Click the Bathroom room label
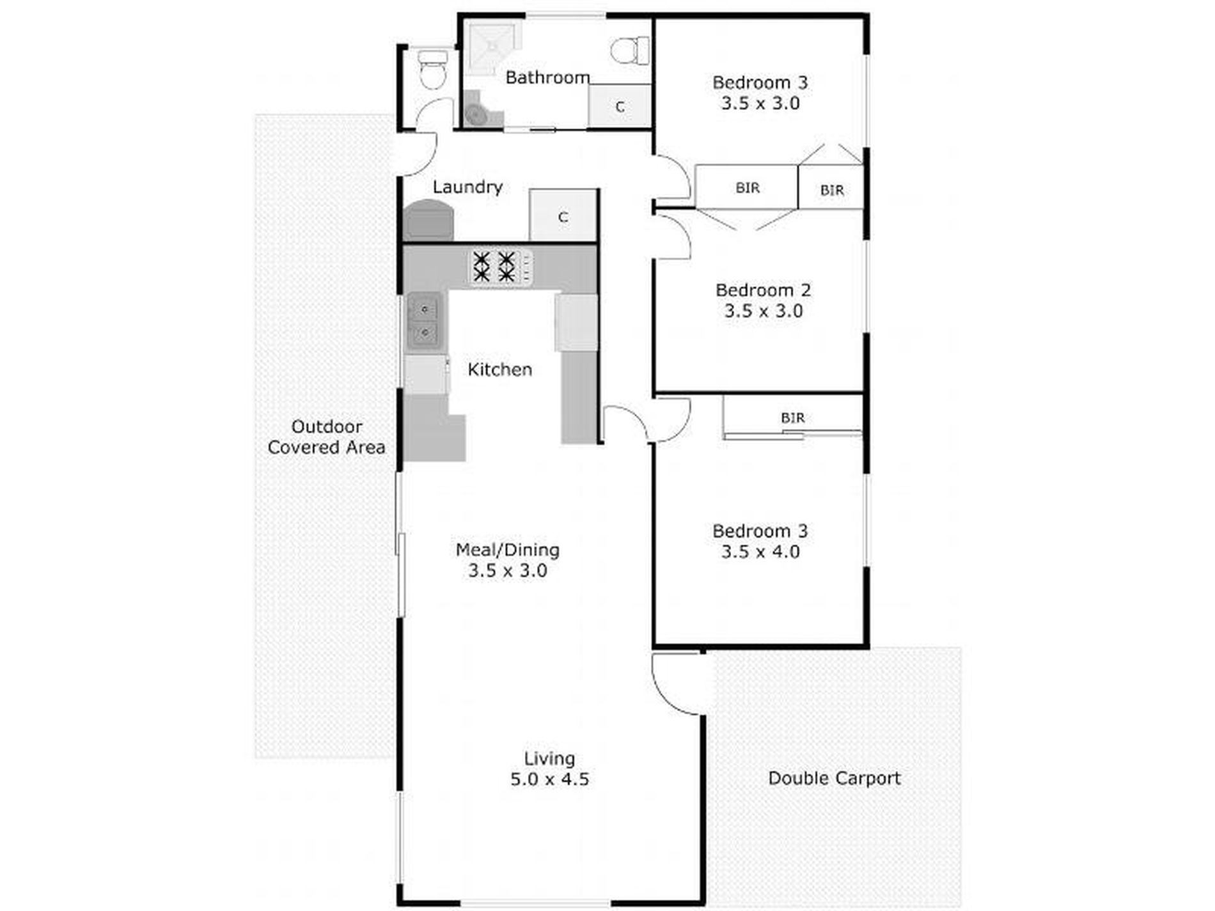click(x=547, y=77)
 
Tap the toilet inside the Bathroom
click(x=629, y=50)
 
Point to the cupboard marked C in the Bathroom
click(x=619, y=105)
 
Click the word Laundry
click(x=467, y=187)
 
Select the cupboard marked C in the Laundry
click(x=563, y=215)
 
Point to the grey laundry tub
click(x=428, y=221)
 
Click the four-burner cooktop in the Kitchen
click(x=501, y=267)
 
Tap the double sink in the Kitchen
click(x=423, y=321)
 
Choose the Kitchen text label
click(x=499, y=370)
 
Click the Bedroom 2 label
click(x=763, y=290)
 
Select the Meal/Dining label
click(x=507, y=550)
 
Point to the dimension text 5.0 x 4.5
click(x=549, y=779)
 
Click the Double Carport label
click(x=834, y=778)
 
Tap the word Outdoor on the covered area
click(x=327, y=426)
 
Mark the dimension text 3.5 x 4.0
click(x=760, y=552)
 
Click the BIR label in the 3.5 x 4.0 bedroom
click(x=792, y=418)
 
